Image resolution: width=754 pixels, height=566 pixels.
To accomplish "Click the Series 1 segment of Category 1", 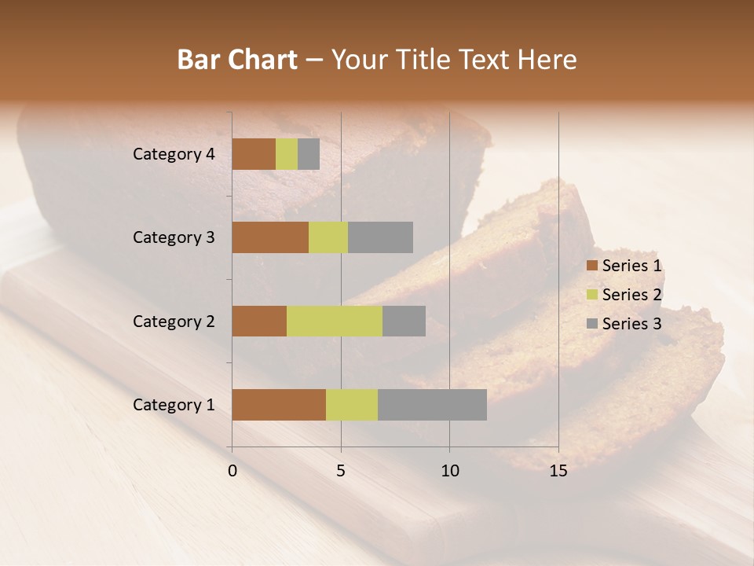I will tap(279, 405).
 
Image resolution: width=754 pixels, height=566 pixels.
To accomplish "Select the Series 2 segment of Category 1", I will tap(352, 405).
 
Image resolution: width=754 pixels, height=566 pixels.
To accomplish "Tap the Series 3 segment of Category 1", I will tap(432, 405).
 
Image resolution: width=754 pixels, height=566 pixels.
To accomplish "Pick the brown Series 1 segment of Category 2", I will tap(259, 321).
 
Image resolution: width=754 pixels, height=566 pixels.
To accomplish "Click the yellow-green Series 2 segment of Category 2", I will tap(335, 321).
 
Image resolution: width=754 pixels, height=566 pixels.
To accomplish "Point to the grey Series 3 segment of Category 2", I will tap(404, 321).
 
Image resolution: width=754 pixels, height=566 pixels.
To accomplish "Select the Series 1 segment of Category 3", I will tap(270, 237).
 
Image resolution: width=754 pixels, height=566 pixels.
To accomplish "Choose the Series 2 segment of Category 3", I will tap(328, 237).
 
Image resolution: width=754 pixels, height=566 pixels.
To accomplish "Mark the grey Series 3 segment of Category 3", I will tap(380, 237).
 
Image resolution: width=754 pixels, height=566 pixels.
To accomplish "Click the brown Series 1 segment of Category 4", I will tap(254, 154).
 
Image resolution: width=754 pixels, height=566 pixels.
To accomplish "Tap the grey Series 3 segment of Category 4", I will tap(309, 154).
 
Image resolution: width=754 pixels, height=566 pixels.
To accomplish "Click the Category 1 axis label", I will tap(174, 405).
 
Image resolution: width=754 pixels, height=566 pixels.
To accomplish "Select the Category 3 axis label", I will tap(174, 237).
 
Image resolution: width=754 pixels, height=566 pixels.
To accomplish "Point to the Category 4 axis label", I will tap(174, 154).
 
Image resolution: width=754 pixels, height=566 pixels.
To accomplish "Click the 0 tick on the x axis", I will tap(232, 471).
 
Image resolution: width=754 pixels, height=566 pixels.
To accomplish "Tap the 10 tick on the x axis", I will tap(449, 471).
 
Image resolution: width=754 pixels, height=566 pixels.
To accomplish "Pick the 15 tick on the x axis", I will tap(558, 471).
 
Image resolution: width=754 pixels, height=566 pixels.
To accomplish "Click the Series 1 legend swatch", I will tap(592, 266).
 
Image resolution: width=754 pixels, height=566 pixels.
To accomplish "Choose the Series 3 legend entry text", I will tap(631, 324).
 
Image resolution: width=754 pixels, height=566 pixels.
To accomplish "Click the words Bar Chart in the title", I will tap(237, 60).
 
